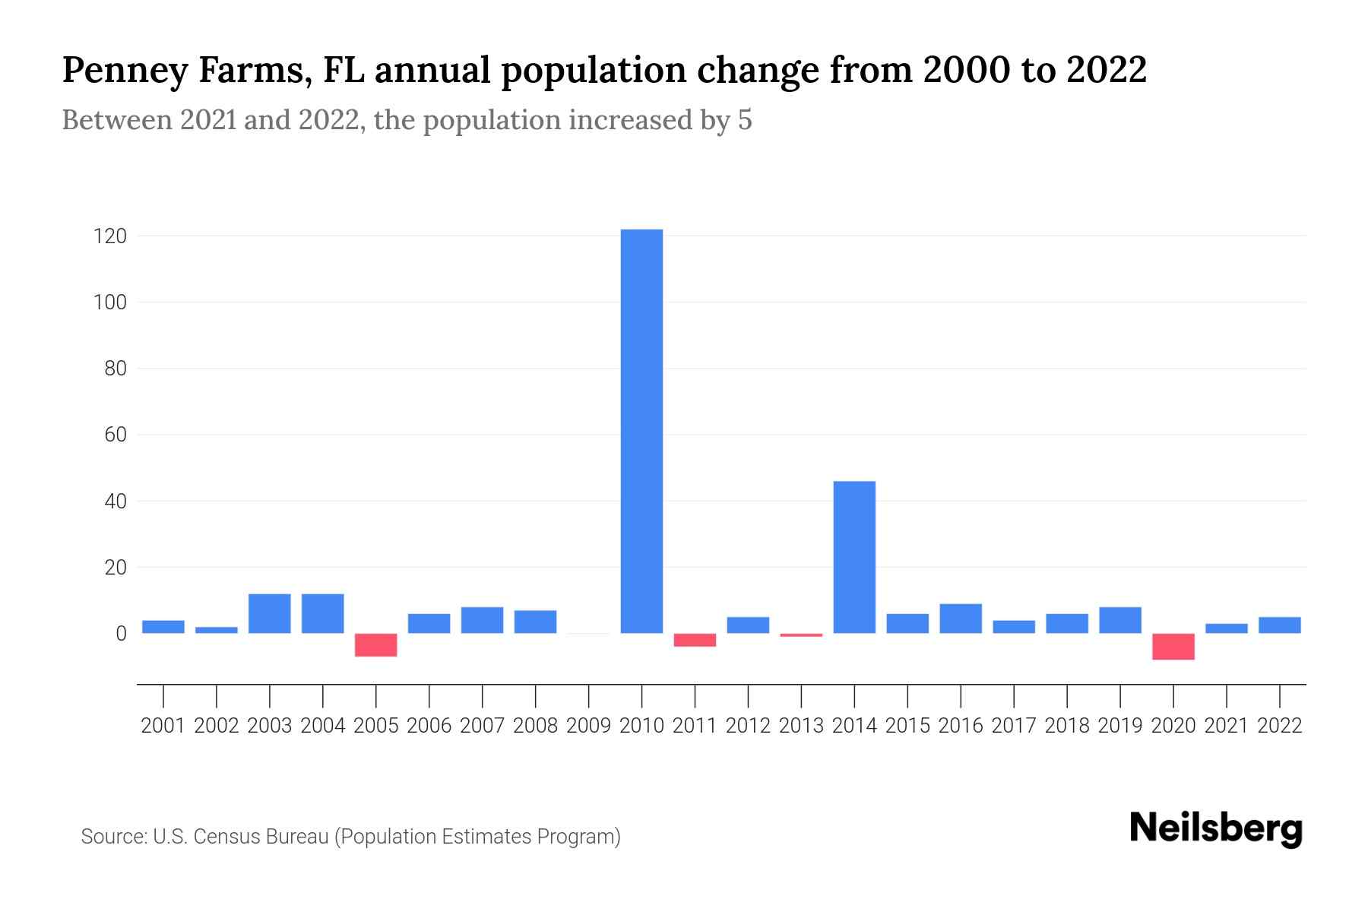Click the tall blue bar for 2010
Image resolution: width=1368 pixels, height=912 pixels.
pos(641,431)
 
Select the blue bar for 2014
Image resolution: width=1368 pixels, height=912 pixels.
pos(854,557)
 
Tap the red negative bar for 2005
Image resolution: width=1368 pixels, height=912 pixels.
pos(376,644)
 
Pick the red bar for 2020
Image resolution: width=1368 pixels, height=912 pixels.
pos(1173,646)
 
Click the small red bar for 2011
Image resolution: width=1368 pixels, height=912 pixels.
pos(695,640)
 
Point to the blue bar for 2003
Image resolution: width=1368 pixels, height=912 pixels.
pos(270,613)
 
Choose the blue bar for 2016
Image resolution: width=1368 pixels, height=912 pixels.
pos(961,619)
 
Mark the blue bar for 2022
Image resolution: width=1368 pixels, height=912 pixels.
pos(1280,625)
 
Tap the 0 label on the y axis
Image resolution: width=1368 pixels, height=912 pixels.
pos(121,634)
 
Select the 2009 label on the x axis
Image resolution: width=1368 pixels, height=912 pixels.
pos(589,726)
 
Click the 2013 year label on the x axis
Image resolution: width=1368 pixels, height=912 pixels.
pos(801,726)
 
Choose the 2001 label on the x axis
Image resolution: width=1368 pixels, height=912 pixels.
pos(163,726)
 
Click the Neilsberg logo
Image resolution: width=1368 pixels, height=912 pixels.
pos(1216,828)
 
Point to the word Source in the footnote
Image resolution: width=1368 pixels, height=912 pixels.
pos(113,837)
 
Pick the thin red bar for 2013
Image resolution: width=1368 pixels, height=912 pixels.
pos(801,635)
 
